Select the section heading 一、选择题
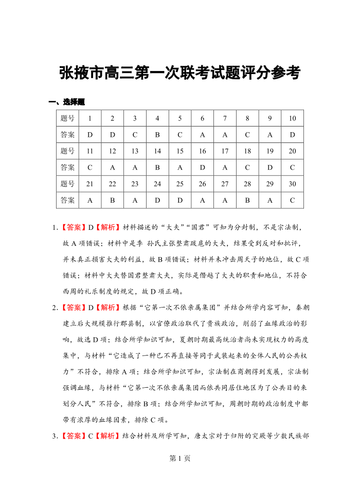click(66, 102)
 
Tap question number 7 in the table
click(225, 118)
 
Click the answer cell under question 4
click(157, 135)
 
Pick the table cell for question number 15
click(180, 151)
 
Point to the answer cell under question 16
click(203, 167)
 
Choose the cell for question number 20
click(293, 151)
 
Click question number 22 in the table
click(112, 184)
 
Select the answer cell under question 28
click(247, 200)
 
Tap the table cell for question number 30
click(293, 184)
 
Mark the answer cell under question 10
click(293, 135)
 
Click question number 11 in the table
click(90, 151)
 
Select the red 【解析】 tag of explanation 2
click(107, 308)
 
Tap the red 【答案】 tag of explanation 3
click(74, 437)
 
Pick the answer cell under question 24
click(157, 200)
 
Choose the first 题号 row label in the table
click(67, 118)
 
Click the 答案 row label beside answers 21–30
click(67, 200)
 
